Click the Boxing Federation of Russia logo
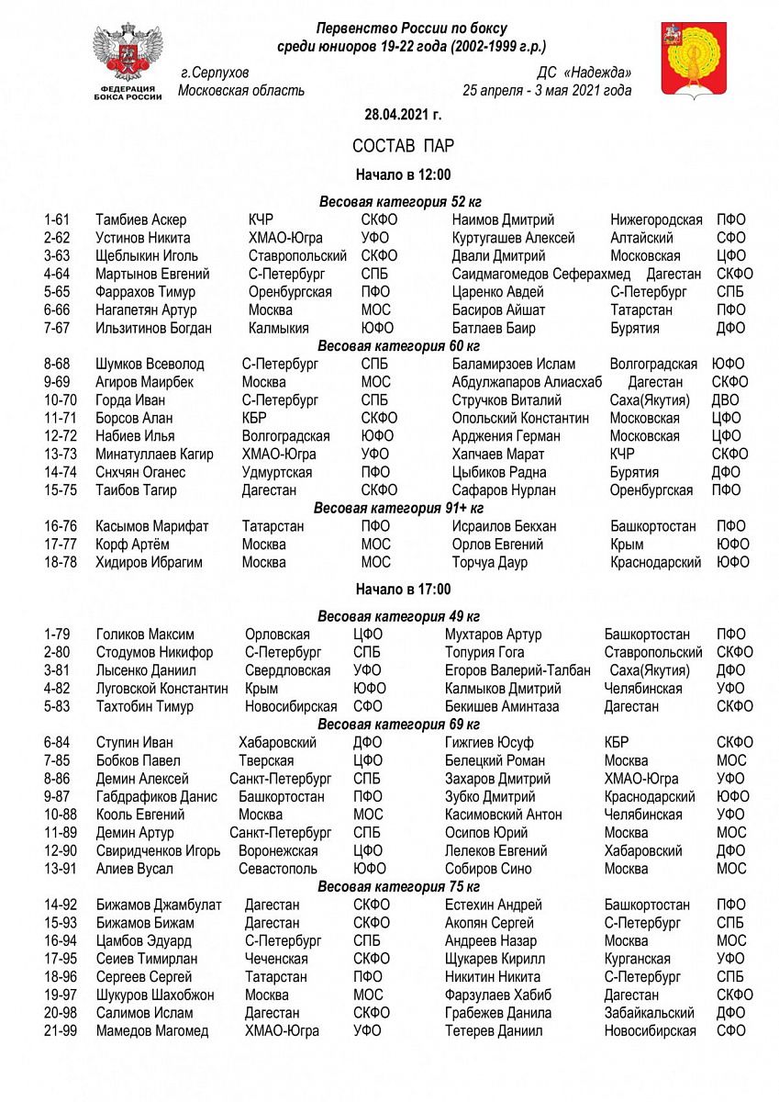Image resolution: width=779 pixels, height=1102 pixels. (x=128, y=62)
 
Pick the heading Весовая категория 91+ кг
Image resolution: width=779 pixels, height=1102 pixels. (x=399, y=508)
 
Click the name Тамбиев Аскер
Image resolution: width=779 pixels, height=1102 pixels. (x=140, y=219)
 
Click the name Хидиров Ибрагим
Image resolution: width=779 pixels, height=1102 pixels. (x=149, y=562)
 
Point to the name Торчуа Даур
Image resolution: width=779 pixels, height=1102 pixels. (x=490, y=562)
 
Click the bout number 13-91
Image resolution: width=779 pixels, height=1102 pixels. (x=61, y=869)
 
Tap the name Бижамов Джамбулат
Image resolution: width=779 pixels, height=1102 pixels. (x=159, y=905)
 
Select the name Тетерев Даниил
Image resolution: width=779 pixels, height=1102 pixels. (x=494, y=1031)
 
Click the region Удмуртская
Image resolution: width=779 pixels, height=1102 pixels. (x=277, y=472)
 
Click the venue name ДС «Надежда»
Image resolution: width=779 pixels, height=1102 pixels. (x=584, y=73)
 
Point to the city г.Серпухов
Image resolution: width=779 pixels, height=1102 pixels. (x=216, y=73)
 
